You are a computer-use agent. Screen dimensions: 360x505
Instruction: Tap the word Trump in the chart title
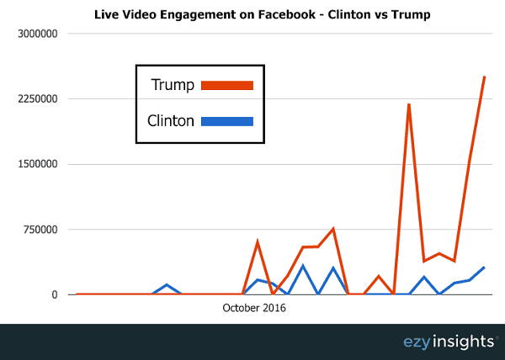coord(384,14)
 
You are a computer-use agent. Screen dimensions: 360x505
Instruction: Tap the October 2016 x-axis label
coord(254,309)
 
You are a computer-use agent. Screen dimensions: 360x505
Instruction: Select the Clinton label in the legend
coord(171,121)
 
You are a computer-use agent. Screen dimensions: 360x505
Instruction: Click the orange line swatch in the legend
coord(226,84)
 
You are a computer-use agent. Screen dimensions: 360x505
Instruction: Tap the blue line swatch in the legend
coord(226,121)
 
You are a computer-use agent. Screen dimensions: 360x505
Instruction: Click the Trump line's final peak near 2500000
coord(484,77)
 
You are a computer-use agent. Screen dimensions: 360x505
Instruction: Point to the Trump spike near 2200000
coord(408,104)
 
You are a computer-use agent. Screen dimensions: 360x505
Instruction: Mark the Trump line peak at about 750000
coord(333,229)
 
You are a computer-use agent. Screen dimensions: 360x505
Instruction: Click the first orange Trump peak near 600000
coord(258,242)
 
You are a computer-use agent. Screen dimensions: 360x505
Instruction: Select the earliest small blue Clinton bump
coord(167,285)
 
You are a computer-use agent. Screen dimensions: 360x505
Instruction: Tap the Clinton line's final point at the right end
coord(484,267)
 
